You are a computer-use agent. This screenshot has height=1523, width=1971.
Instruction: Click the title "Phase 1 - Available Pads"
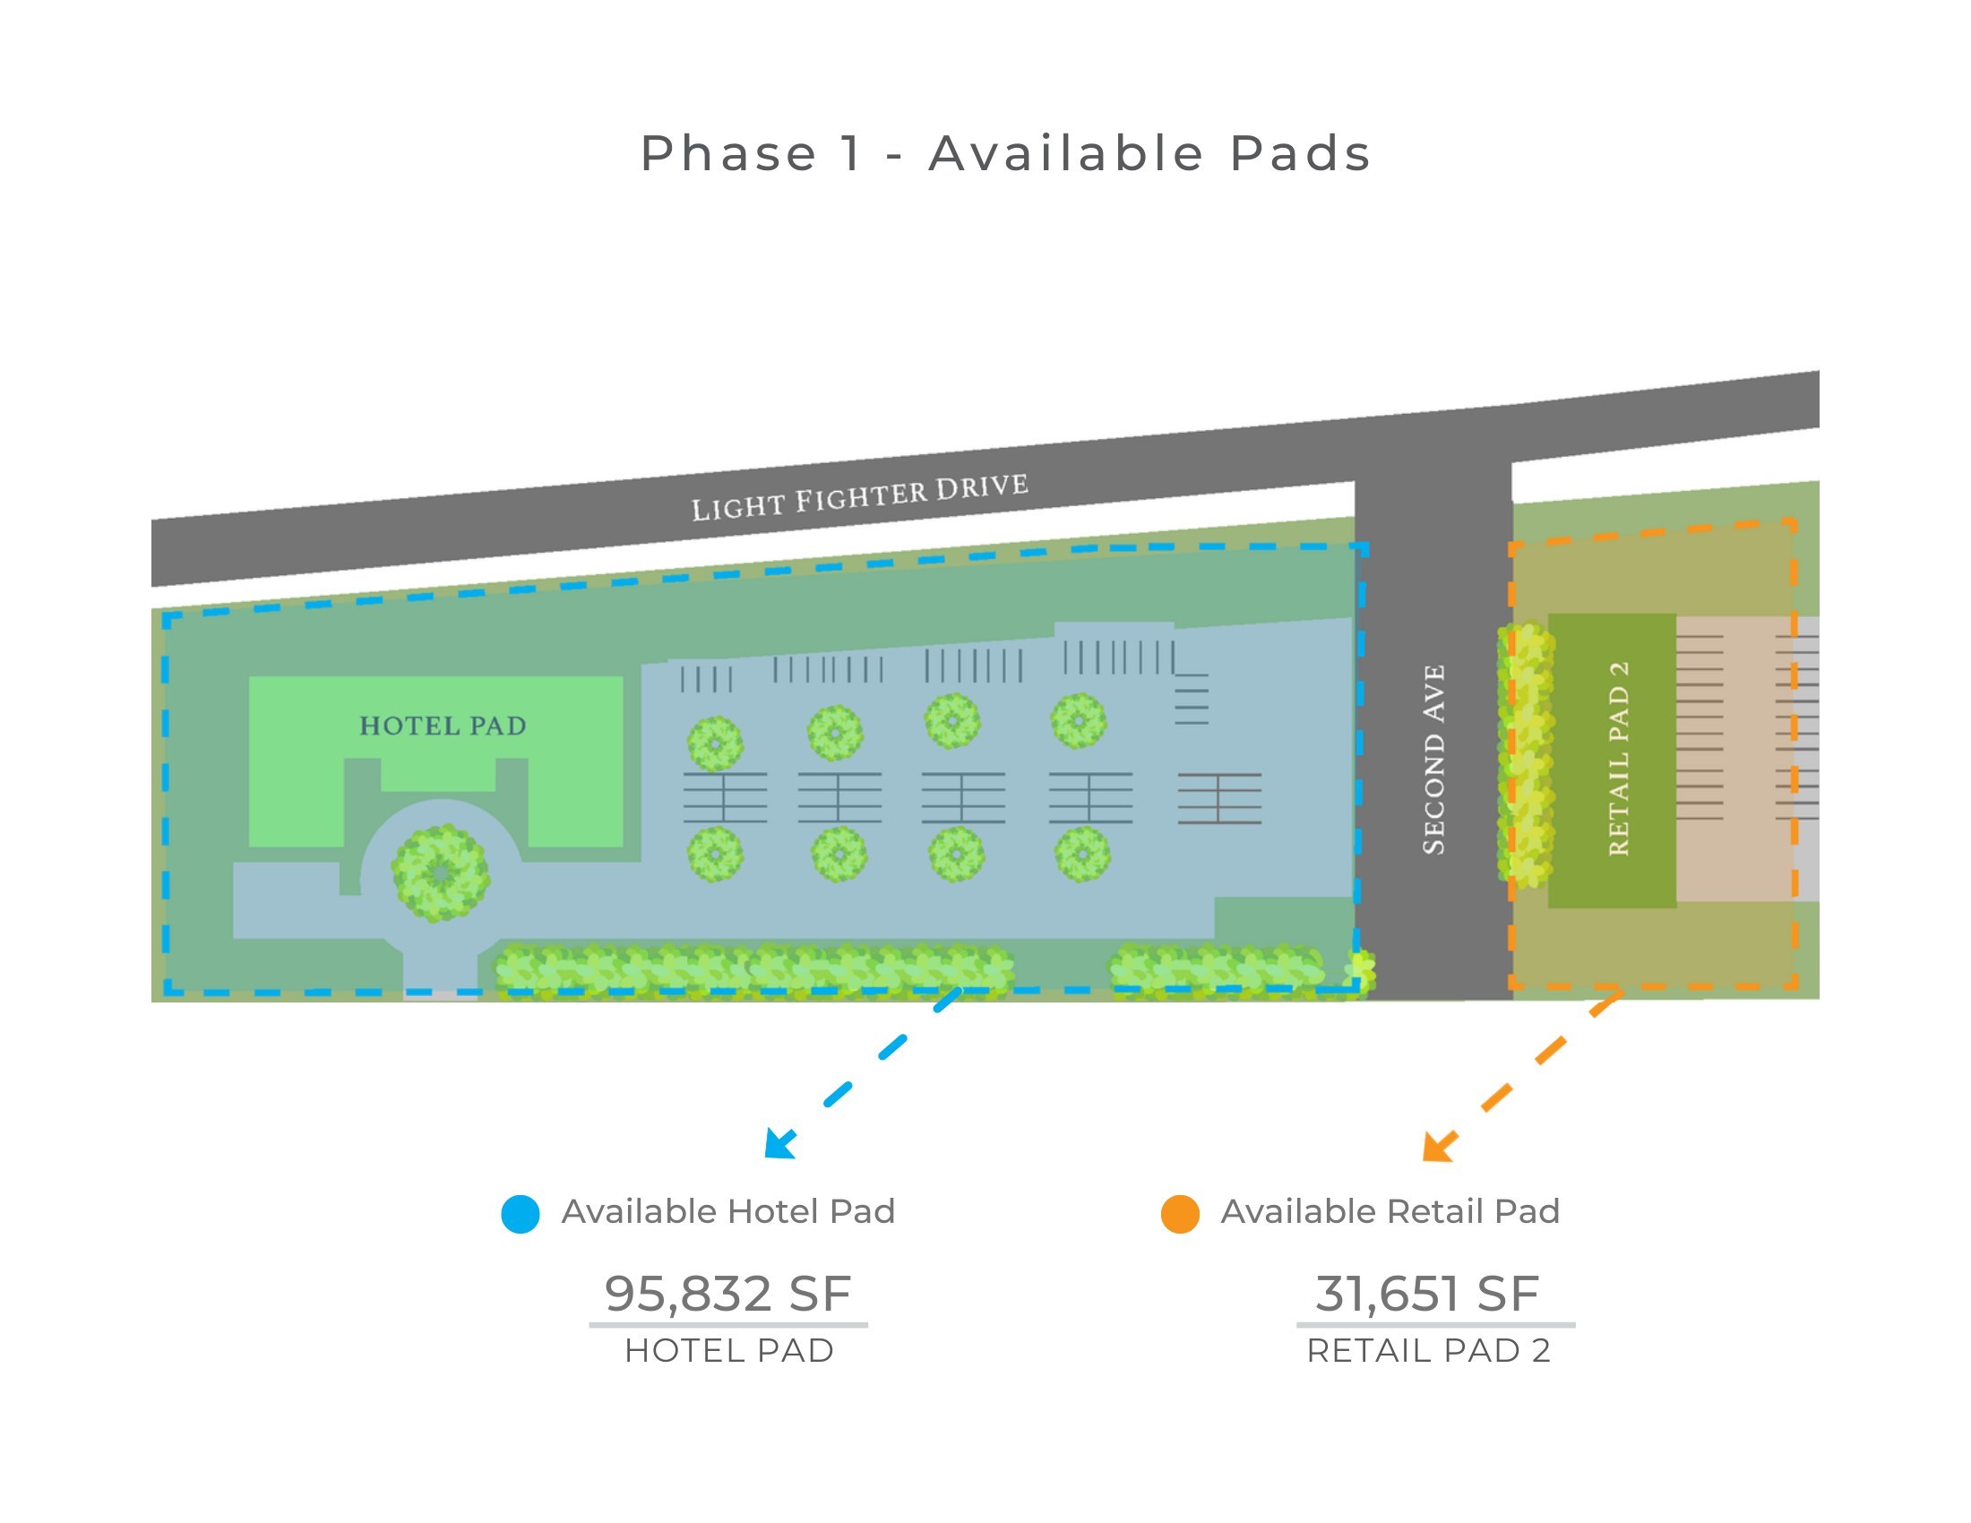(1005, 153)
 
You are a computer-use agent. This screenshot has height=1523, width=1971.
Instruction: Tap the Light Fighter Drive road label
(860, 497)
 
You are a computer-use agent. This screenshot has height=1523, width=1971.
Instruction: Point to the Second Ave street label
(1434, 760)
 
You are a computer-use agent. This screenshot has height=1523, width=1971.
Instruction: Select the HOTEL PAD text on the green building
(443, 727)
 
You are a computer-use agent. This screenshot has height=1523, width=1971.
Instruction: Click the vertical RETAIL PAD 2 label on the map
(1619, 759)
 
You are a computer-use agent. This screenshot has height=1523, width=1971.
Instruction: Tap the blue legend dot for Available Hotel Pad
(521, 1215)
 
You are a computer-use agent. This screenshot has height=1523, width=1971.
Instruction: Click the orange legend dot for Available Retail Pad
(1181, 1215)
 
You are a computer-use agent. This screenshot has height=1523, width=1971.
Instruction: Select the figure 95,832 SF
(727, 1294)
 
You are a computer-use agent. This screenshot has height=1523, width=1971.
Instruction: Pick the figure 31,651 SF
(1427, 1294)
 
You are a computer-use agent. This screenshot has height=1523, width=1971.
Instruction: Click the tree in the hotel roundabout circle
(441, 873)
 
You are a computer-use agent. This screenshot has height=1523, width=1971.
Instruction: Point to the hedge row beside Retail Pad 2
(1526, 754)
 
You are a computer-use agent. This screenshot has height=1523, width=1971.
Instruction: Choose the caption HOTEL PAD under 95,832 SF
(729, 1352)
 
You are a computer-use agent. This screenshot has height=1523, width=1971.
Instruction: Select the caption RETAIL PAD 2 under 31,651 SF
(1429, 1352)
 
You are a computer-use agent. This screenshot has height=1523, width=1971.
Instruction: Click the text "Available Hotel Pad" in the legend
(728, 1212)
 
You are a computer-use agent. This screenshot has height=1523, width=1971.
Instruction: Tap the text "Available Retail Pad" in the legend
(1390, 1212)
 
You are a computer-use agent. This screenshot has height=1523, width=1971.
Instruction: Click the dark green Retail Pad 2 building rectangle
(1613, 761)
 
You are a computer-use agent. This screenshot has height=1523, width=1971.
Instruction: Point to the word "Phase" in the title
(728, 153)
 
